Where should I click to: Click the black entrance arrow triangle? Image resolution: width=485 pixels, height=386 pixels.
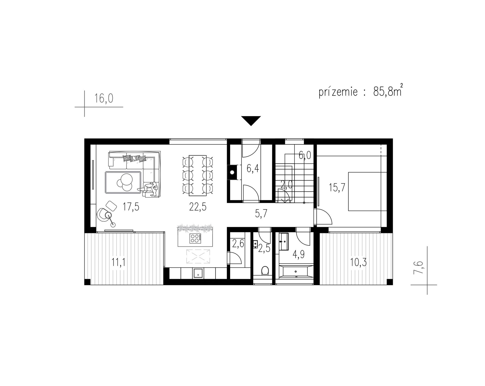[251, 120]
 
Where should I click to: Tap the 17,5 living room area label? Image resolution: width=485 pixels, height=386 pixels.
[131, 207]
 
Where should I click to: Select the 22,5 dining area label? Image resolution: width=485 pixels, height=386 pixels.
[198, 207]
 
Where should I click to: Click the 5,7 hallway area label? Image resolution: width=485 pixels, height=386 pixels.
[261, 214]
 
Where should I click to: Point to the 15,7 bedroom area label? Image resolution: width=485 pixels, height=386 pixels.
[337, 188]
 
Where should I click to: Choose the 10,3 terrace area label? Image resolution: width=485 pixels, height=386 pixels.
[358, 262]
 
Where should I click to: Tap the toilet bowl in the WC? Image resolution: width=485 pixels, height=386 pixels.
[265, 271]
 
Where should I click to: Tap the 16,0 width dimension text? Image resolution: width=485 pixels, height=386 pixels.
[104, 98]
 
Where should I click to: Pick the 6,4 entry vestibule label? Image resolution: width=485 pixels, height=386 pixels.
[253, 169]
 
